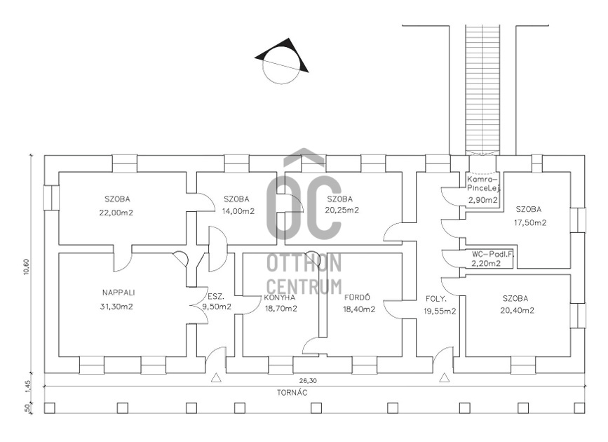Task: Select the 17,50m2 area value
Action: pyautogui.click(x=529, y=223)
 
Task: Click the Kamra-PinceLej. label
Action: pyautogui.click(x=483, y=185)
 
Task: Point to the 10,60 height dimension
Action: pyautogui.click(x=27, y=266)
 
